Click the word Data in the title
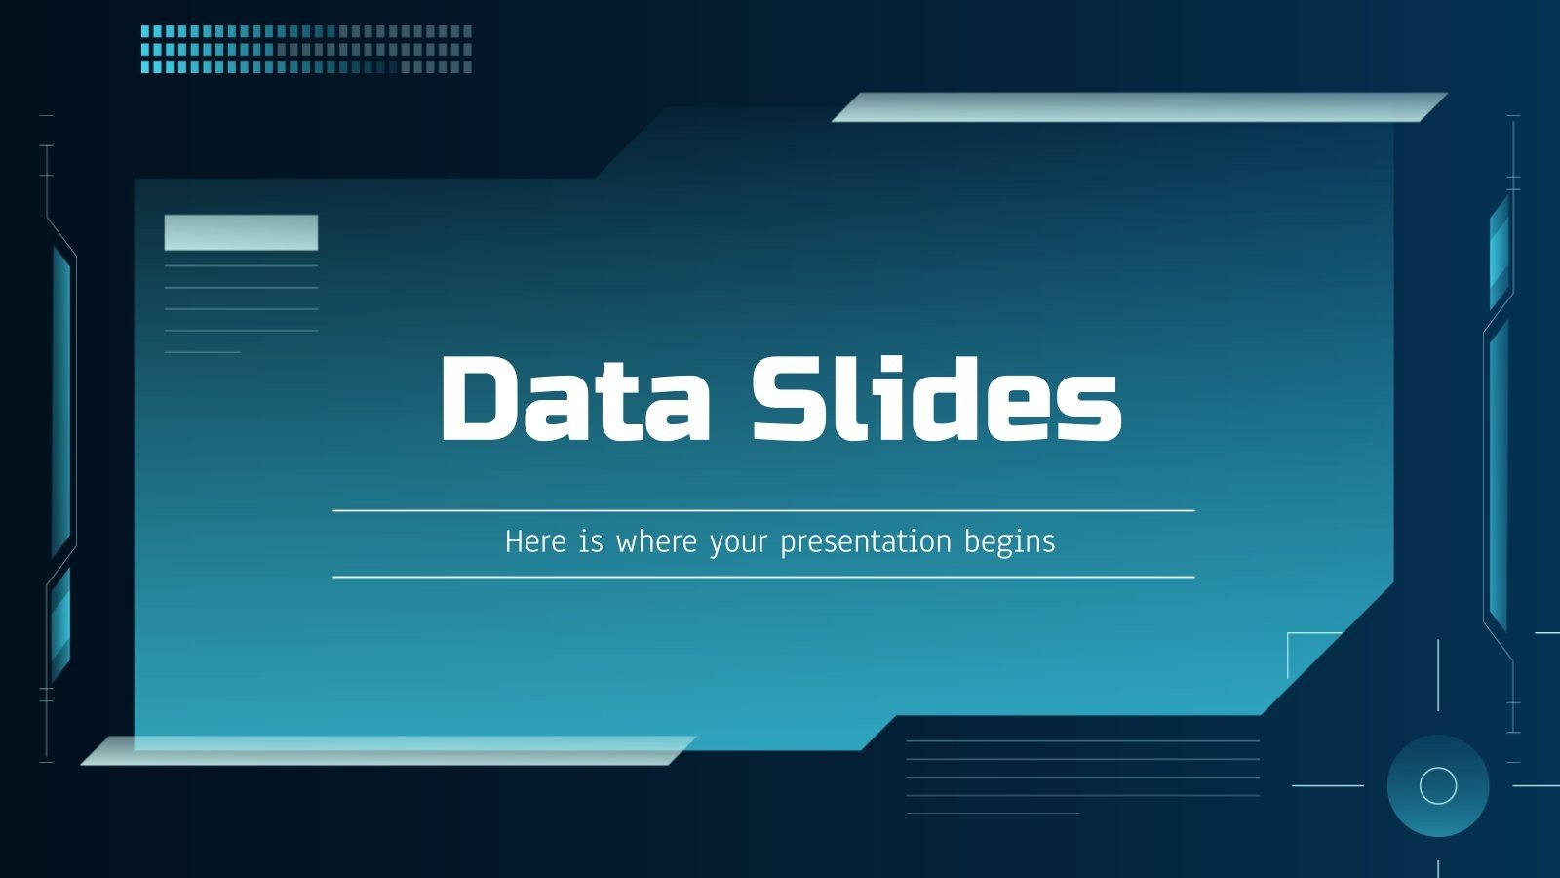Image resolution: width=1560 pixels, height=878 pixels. (x=575, y=398)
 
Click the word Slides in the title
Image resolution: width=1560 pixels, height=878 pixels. (x=936, y=398)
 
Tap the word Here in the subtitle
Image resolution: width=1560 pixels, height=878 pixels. (x=535, y=541)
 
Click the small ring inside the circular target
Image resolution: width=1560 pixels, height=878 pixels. (x=1438, y=785)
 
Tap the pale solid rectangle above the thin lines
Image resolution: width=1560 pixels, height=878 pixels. (x=241, y=232)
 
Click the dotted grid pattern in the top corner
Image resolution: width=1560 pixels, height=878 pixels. (x=306, y=49)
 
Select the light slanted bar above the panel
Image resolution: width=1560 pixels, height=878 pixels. (x=1139, y=107)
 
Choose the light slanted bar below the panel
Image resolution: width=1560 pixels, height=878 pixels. (x=388, y=750)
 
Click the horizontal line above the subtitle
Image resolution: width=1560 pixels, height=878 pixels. (x=763, y=510)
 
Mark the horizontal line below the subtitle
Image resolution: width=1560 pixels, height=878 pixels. (x=763, y=577)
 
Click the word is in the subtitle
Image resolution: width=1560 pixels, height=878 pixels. (x=591, y=541)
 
